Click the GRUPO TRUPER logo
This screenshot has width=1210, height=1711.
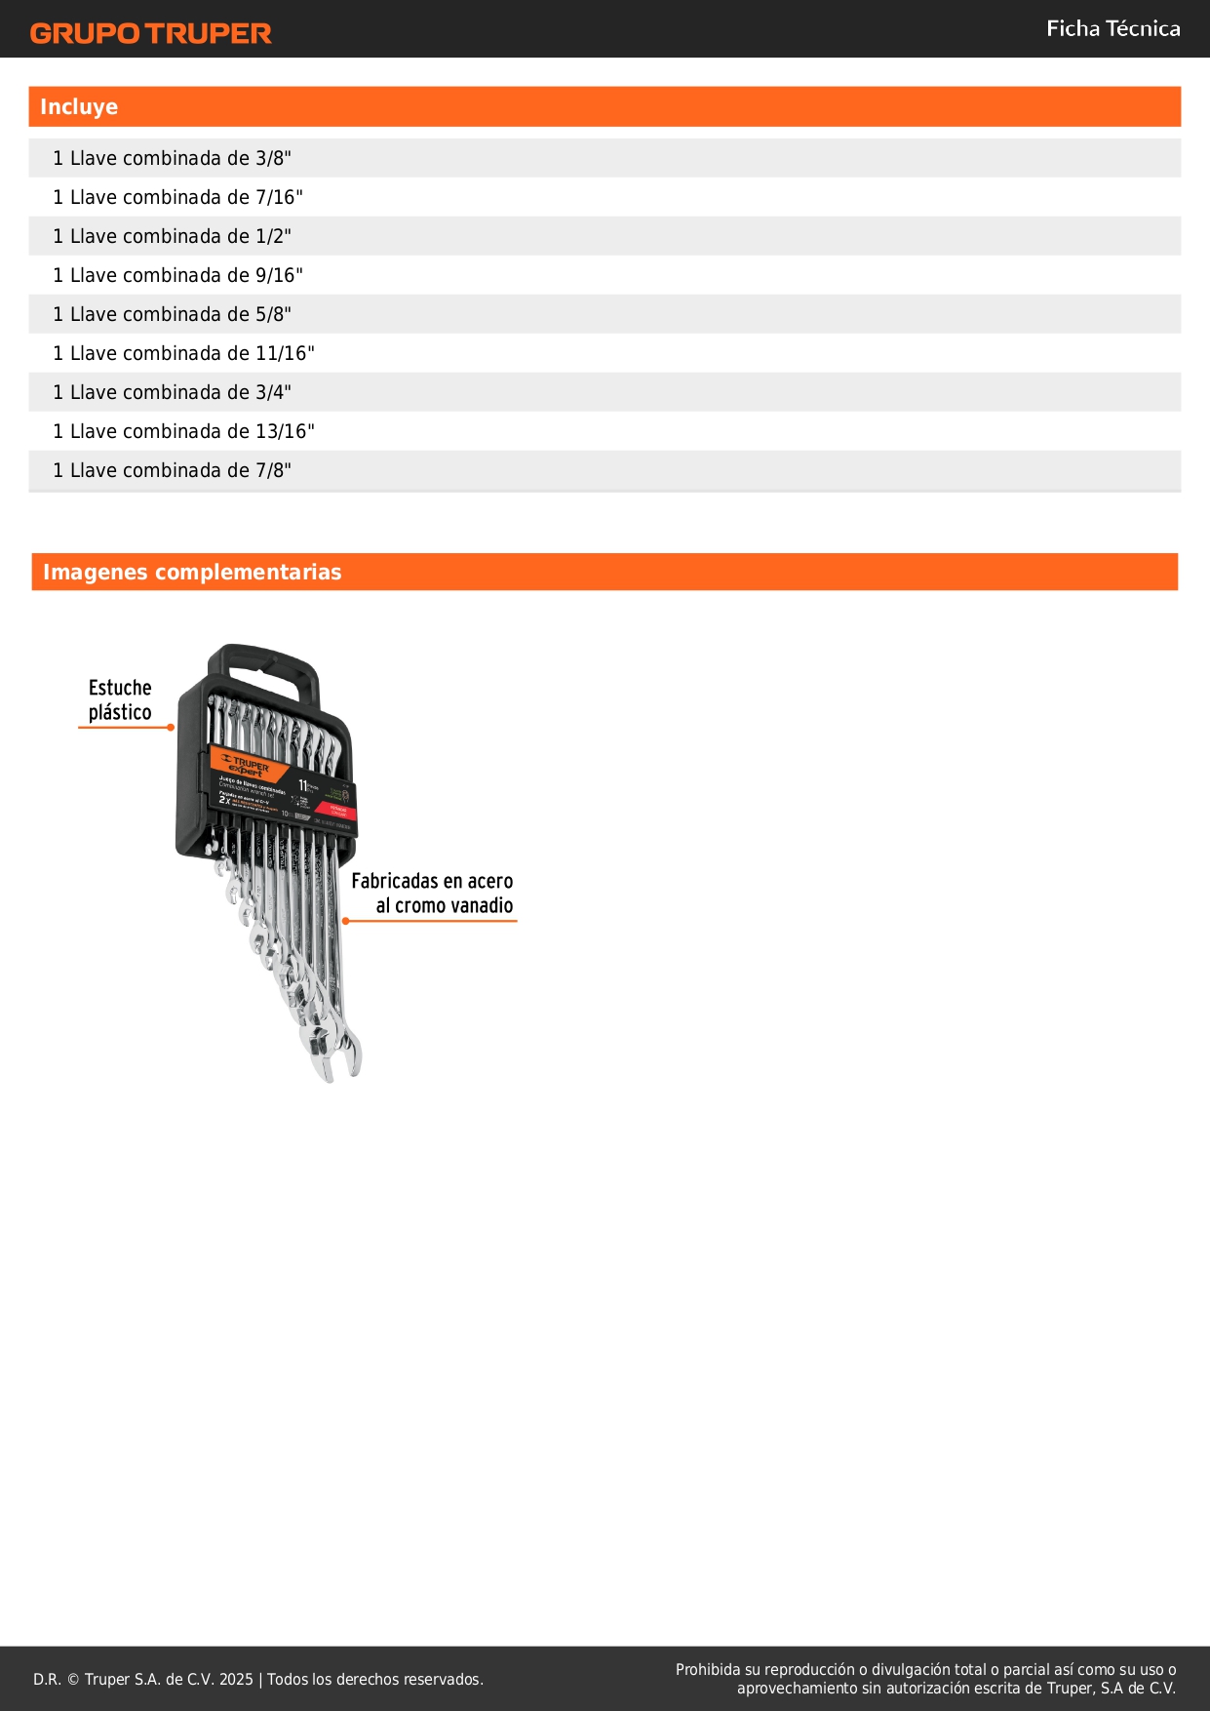point(150,33)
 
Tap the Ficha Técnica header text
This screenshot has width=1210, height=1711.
point(1112,29)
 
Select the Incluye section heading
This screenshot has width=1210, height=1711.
point(79,107)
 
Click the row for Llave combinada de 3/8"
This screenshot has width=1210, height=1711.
point(172,158)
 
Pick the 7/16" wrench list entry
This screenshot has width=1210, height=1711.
point(177,197)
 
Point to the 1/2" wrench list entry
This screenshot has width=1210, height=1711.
point(172,236)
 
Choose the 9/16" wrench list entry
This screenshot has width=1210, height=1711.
point(177,275)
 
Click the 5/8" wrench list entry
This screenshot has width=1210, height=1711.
point(172,314)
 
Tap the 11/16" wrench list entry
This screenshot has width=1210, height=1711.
point(183,353)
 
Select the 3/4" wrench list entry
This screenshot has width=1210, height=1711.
point(172,392)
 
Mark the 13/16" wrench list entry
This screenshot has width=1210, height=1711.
point(183,431)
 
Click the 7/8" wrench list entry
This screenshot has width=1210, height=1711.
point(172,470)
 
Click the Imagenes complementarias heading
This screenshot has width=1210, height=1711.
point(192,573)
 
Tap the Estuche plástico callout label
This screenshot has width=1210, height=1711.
point(120,700)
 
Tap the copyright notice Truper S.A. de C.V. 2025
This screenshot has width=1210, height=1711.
point(257,1679)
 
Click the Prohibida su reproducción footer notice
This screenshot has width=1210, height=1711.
point(925,1679)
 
